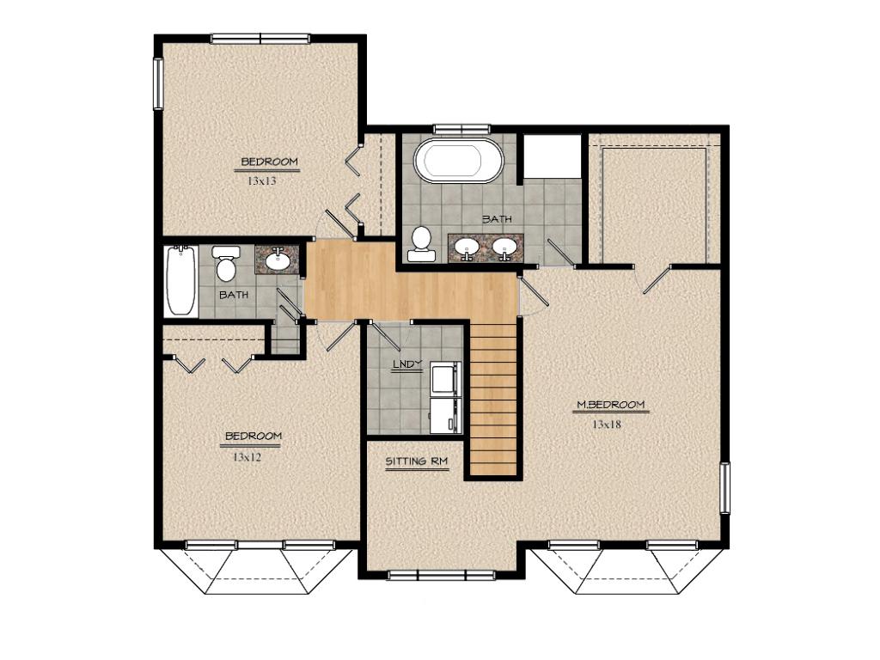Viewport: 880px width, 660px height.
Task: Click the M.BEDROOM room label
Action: click(611, 405)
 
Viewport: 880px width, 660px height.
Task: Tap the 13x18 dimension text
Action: click(607, 425)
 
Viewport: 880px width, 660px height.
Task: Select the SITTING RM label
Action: click(417, 461)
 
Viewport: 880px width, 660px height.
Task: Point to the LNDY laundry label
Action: click(406, 364)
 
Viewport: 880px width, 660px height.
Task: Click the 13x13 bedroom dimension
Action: click(262, 181)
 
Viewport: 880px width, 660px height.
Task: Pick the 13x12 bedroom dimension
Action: click(247, 457)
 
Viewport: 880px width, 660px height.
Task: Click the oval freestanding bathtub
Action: click(459, 160)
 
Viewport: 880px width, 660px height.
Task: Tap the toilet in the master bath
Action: click(421, 244)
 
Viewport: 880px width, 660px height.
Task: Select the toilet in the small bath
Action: click(226, 263)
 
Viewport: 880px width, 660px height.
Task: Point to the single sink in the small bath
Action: click(278, 260)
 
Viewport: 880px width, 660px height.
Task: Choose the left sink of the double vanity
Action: click(467, 247)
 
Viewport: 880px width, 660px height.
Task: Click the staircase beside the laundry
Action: click(493, 399)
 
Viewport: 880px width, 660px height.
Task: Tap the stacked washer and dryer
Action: click(446, 397)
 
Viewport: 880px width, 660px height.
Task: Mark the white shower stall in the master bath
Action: click(553, 156)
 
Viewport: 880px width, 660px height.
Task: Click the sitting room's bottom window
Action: click(441, 575)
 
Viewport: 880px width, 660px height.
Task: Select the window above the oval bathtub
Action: click(462, 129)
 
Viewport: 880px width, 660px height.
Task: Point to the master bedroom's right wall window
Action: click(724, 488)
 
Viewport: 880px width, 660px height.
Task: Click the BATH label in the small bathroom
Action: click(234, 295)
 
